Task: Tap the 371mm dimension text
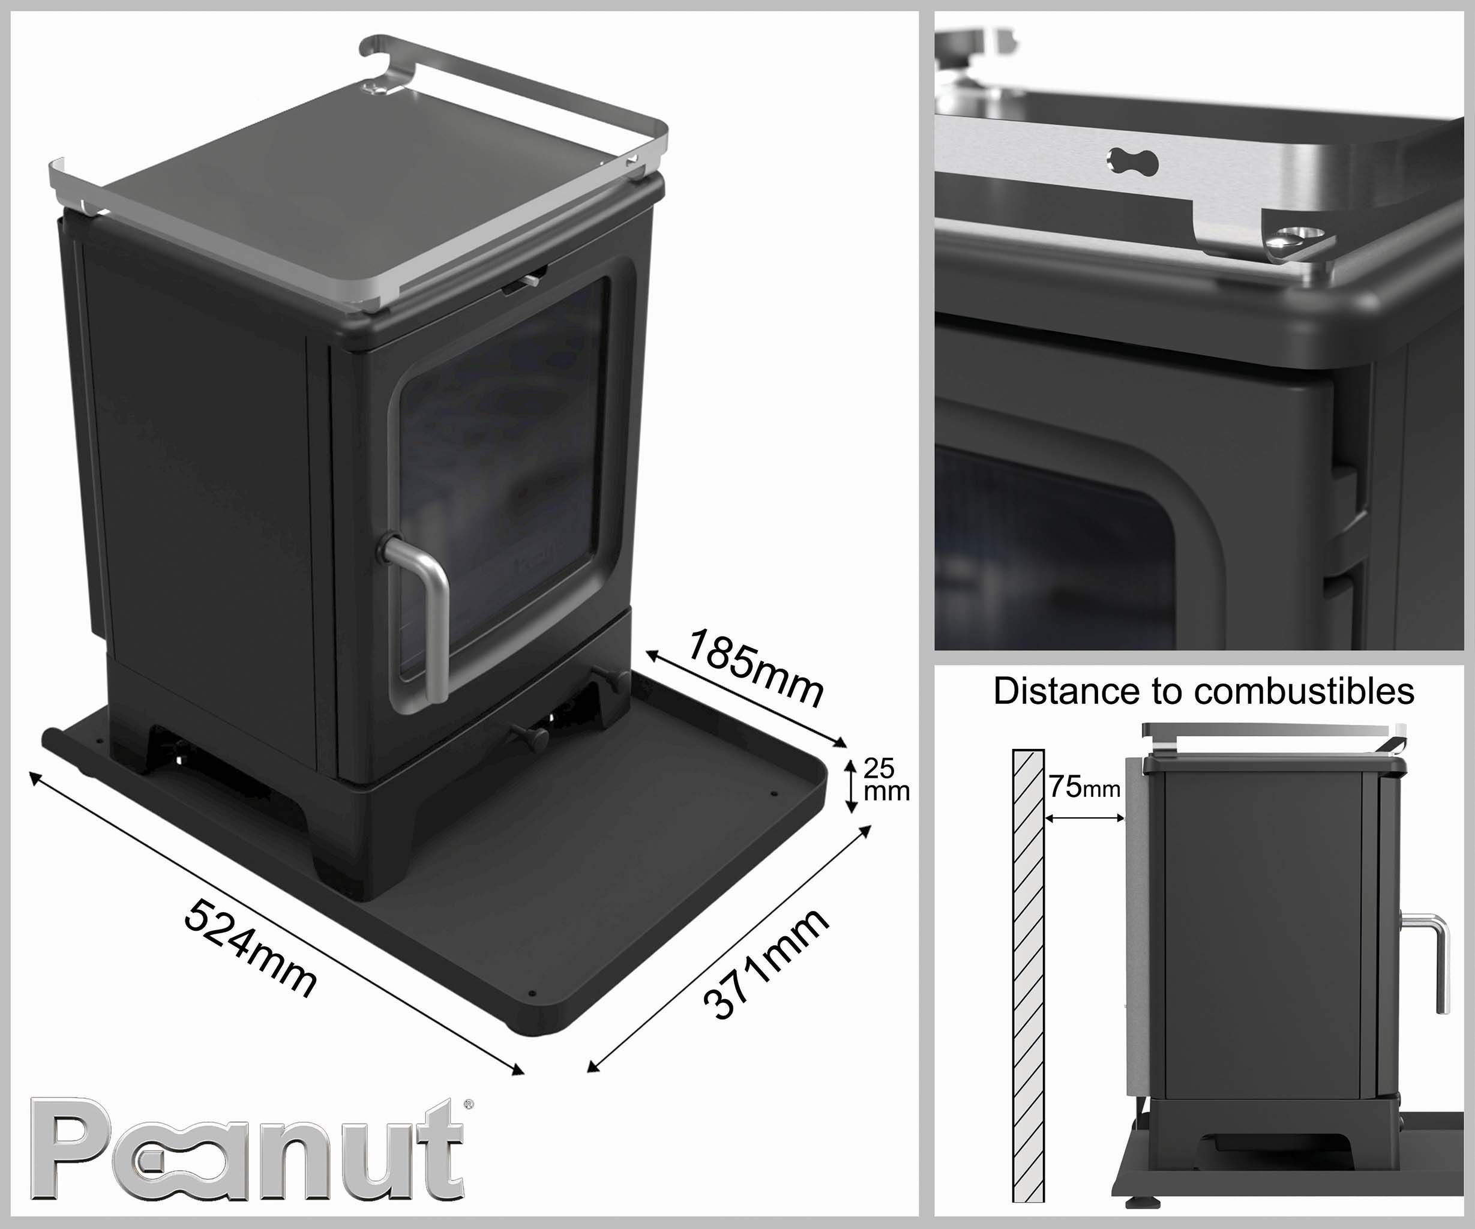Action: click(x=766, y=964)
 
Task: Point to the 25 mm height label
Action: click(x=886, y=780)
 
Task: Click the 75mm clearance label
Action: click(x=1084, y=787)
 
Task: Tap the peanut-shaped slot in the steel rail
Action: click(x=1133, y=162)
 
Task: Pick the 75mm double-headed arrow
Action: click(x=1085, y=817)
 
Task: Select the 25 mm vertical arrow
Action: click(x=852, y=786)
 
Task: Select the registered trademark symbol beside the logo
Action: click(x=469, y=1104)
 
